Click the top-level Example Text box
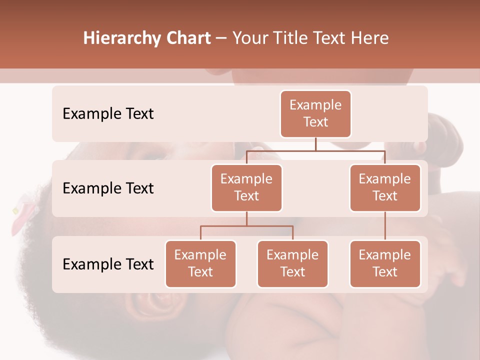click(315, 113)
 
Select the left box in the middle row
click(246, 187)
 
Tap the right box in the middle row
click(385, 187)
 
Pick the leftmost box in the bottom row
click(200, 263)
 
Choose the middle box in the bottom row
click(292, 263)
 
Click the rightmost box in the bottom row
click(385, 263)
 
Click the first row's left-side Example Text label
click(108, 114)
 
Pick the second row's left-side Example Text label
click(108, 188)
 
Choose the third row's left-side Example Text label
click(108, 264)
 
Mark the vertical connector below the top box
click(315, 144)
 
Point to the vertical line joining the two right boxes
click(385, 225)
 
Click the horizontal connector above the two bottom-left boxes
click(246, 226)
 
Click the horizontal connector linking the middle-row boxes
click(315, 150)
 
